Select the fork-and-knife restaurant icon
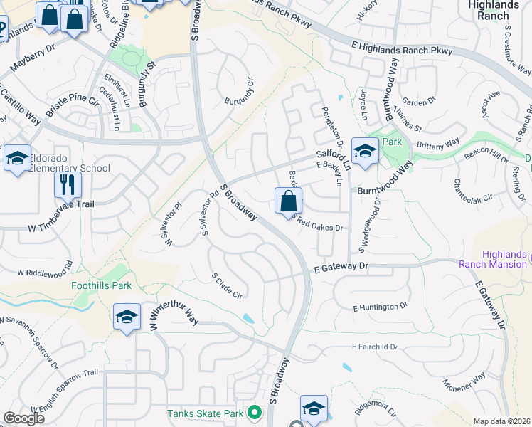[68, 185]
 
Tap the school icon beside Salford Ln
[365, 152]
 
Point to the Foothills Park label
[102, 286]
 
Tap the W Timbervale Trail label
[61, 227]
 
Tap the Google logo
[23, 418]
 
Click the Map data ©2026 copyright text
[501, 421]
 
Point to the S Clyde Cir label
[228, 285]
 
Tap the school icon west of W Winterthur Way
[127, 317]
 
